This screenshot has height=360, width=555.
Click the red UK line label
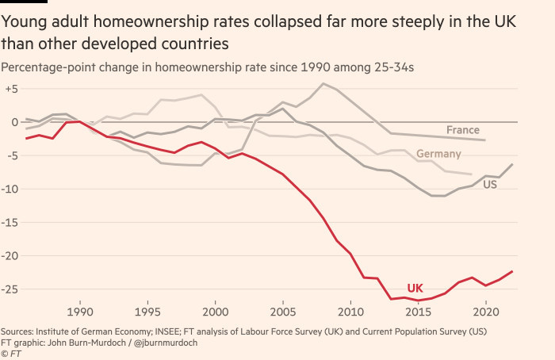pos(415,288)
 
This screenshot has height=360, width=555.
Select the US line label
pos(490,184)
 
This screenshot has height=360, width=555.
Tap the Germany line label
pos(438,154)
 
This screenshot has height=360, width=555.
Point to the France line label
pos(462,130)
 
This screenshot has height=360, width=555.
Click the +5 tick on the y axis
pos(10,89)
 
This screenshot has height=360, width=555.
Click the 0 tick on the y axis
pos(13,122)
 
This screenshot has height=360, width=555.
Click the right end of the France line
pos(485,140)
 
